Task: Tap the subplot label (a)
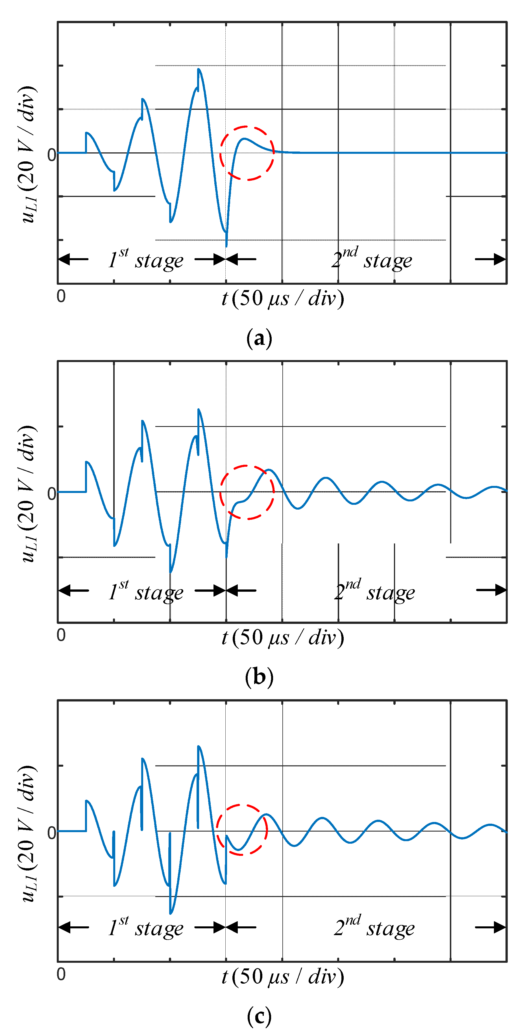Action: pyautogui.click(x=259, y=338)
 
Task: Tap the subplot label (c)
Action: pyautogui.click(x=259, y=1016)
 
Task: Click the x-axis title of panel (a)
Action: pyautogui.click(x=283, y=299)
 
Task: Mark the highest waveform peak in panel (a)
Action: pyautogui.click(x=199, y=69)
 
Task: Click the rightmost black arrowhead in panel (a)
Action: pyautogui.click(x=499, y=259)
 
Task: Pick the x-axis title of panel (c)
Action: pyautogui.click(x=283, y=977)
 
